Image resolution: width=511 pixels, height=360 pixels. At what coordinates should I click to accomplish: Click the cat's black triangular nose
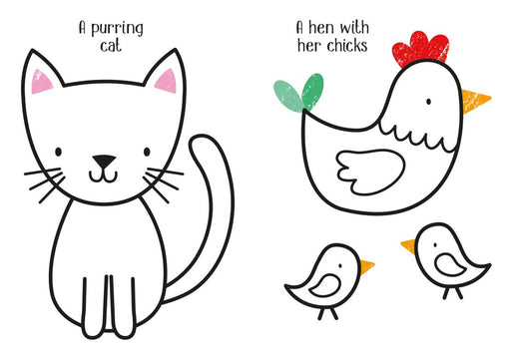[104, 162]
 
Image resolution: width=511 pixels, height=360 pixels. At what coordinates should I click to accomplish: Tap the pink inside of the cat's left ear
[40, 82]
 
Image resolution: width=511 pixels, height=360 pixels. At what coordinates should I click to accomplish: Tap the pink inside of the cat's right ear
[167, 82]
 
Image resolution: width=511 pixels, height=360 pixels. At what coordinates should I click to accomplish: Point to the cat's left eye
[58, 152]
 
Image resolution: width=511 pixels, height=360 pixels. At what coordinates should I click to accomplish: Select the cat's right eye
[147, 152]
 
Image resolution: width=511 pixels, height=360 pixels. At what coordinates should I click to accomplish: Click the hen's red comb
[420, 49]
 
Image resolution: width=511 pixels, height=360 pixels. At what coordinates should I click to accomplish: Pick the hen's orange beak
[474, 101]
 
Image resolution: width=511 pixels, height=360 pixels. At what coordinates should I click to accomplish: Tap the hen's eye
[429, 102]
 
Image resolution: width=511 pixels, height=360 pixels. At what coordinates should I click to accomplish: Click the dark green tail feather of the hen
[312, 91]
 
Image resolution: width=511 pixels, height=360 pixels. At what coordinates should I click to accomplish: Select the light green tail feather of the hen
[288, 96]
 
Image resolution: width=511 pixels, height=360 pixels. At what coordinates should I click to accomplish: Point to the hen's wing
[370, 172]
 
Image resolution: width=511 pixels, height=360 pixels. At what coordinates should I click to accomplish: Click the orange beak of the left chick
[366, 267]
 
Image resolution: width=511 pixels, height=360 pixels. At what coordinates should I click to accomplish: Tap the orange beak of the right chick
[409, 246]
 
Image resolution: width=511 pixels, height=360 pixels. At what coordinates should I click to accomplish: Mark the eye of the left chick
[340, 266]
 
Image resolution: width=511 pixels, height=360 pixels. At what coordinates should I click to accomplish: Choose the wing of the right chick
[449, 264]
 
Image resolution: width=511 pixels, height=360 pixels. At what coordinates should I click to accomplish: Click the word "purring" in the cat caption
[117, 29]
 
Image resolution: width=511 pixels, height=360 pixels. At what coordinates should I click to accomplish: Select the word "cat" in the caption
[111, 46]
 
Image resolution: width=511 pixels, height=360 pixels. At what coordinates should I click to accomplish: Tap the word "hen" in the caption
[321, 27]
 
